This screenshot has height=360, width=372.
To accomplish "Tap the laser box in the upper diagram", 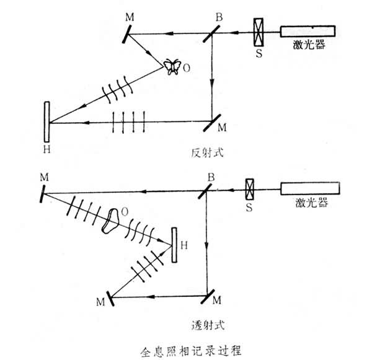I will [x=308, y=33].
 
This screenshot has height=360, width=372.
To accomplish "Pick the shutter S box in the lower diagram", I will [x=250, y=188].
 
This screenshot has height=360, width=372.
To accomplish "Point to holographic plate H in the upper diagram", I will [x=47, y=121].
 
